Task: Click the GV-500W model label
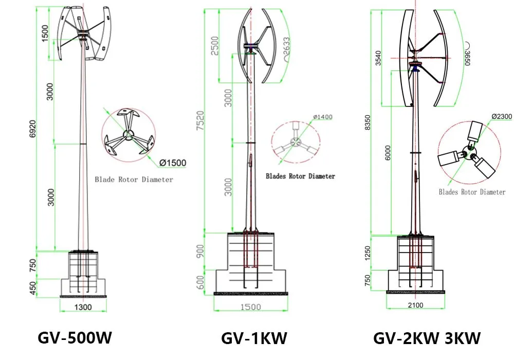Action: [x=75, y=338]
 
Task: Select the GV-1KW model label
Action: [x=254, y=338]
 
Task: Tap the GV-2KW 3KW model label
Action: [x=427, y=338]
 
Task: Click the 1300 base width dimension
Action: [x=83, y=307]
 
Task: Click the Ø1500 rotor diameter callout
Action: [x=172, y=163]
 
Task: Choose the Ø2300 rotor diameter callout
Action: [x=501, y=117]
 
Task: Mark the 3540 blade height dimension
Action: [x=379, y=58]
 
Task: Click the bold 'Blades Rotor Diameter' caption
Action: [x=300, y=176]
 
